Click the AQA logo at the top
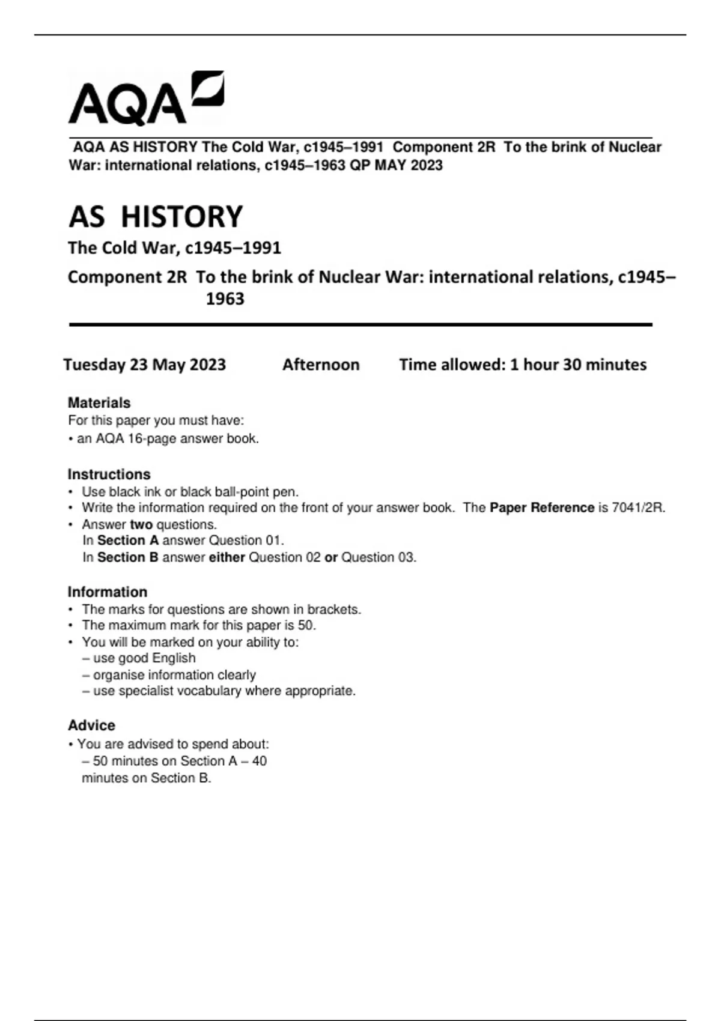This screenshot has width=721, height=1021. pyautogui.click(x=146, y=99)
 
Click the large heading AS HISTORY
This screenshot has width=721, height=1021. pyautogui.click(x=156, y=217)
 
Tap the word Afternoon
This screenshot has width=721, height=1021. pyautogui.click(x=321, y=365)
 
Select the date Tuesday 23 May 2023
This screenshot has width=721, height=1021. pyautogui.click(x=145, y=365)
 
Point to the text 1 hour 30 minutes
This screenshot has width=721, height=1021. pyautogui.click(x=578, y=365)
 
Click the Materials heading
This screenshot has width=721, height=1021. pyautogui.click(x=99, y=403)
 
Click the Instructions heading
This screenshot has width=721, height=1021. pyautogui.click(x=109, y=474)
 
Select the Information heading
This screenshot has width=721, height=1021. pyautogui.click(x=107, y=592)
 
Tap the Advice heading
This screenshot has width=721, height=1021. pyautogui.click(x=91, y=726)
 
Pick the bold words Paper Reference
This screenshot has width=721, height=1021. pyautogui.click(x=541, y=508)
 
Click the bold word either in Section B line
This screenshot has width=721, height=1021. pyautogui.click(x=227, y=557)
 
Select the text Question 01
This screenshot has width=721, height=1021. pyautogui.click(x=246, y=541)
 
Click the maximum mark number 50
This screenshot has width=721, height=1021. pyautogui.click(x=306, y=625)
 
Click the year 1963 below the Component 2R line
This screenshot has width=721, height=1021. pyautogui.click(x=225, y=299)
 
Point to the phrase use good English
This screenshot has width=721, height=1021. pyautogui.click(x=144, y=658)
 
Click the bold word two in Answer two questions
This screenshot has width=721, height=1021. pyautogui.click(x=141, y=524)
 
